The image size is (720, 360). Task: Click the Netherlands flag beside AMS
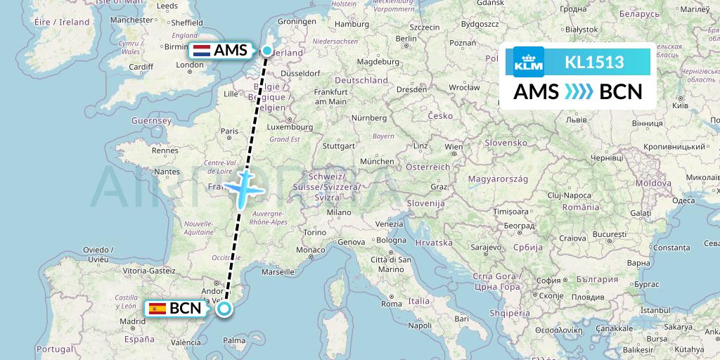coord(202,51)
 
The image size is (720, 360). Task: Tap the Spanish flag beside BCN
coord(157,308)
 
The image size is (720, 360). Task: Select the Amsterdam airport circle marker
coord(267,51)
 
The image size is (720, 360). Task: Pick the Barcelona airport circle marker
coord(224,309)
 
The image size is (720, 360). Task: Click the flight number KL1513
coord(594,62)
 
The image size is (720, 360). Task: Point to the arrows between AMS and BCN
coord(579,92)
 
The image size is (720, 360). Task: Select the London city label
coord(190,65)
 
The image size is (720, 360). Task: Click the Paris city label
coord(229,131)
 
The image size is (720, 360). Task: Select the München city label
coord(377,161)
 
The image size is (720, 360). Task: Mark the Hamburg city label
coord(352,24)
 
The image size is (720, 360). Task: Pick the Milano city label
coord(339,212)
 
